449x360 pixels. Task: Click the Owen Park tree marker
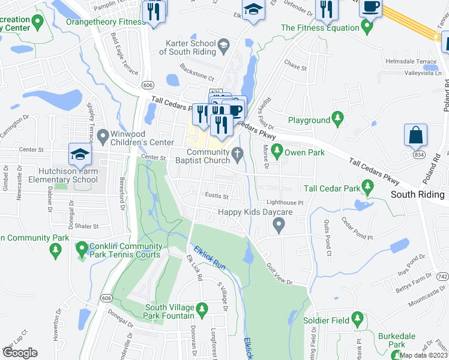(x=277, y=152)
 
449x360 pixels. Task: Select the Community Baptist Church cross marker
(x=238, y=155)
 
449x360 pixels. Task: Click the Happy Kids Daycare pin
(x=278, y=226)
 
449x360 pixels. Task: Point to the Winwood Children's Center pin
(x=101, y=137)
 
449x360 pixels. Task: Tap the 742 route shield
(x=442, y=277)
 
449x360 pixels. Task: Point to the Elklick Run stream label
(x=209, y=257)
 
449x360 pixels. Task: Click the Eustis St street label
(x=218, y=196)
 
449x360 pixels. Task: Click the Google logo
(x=19, y=352)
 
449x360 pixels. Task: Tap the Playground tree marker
(x=337, y=120)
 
